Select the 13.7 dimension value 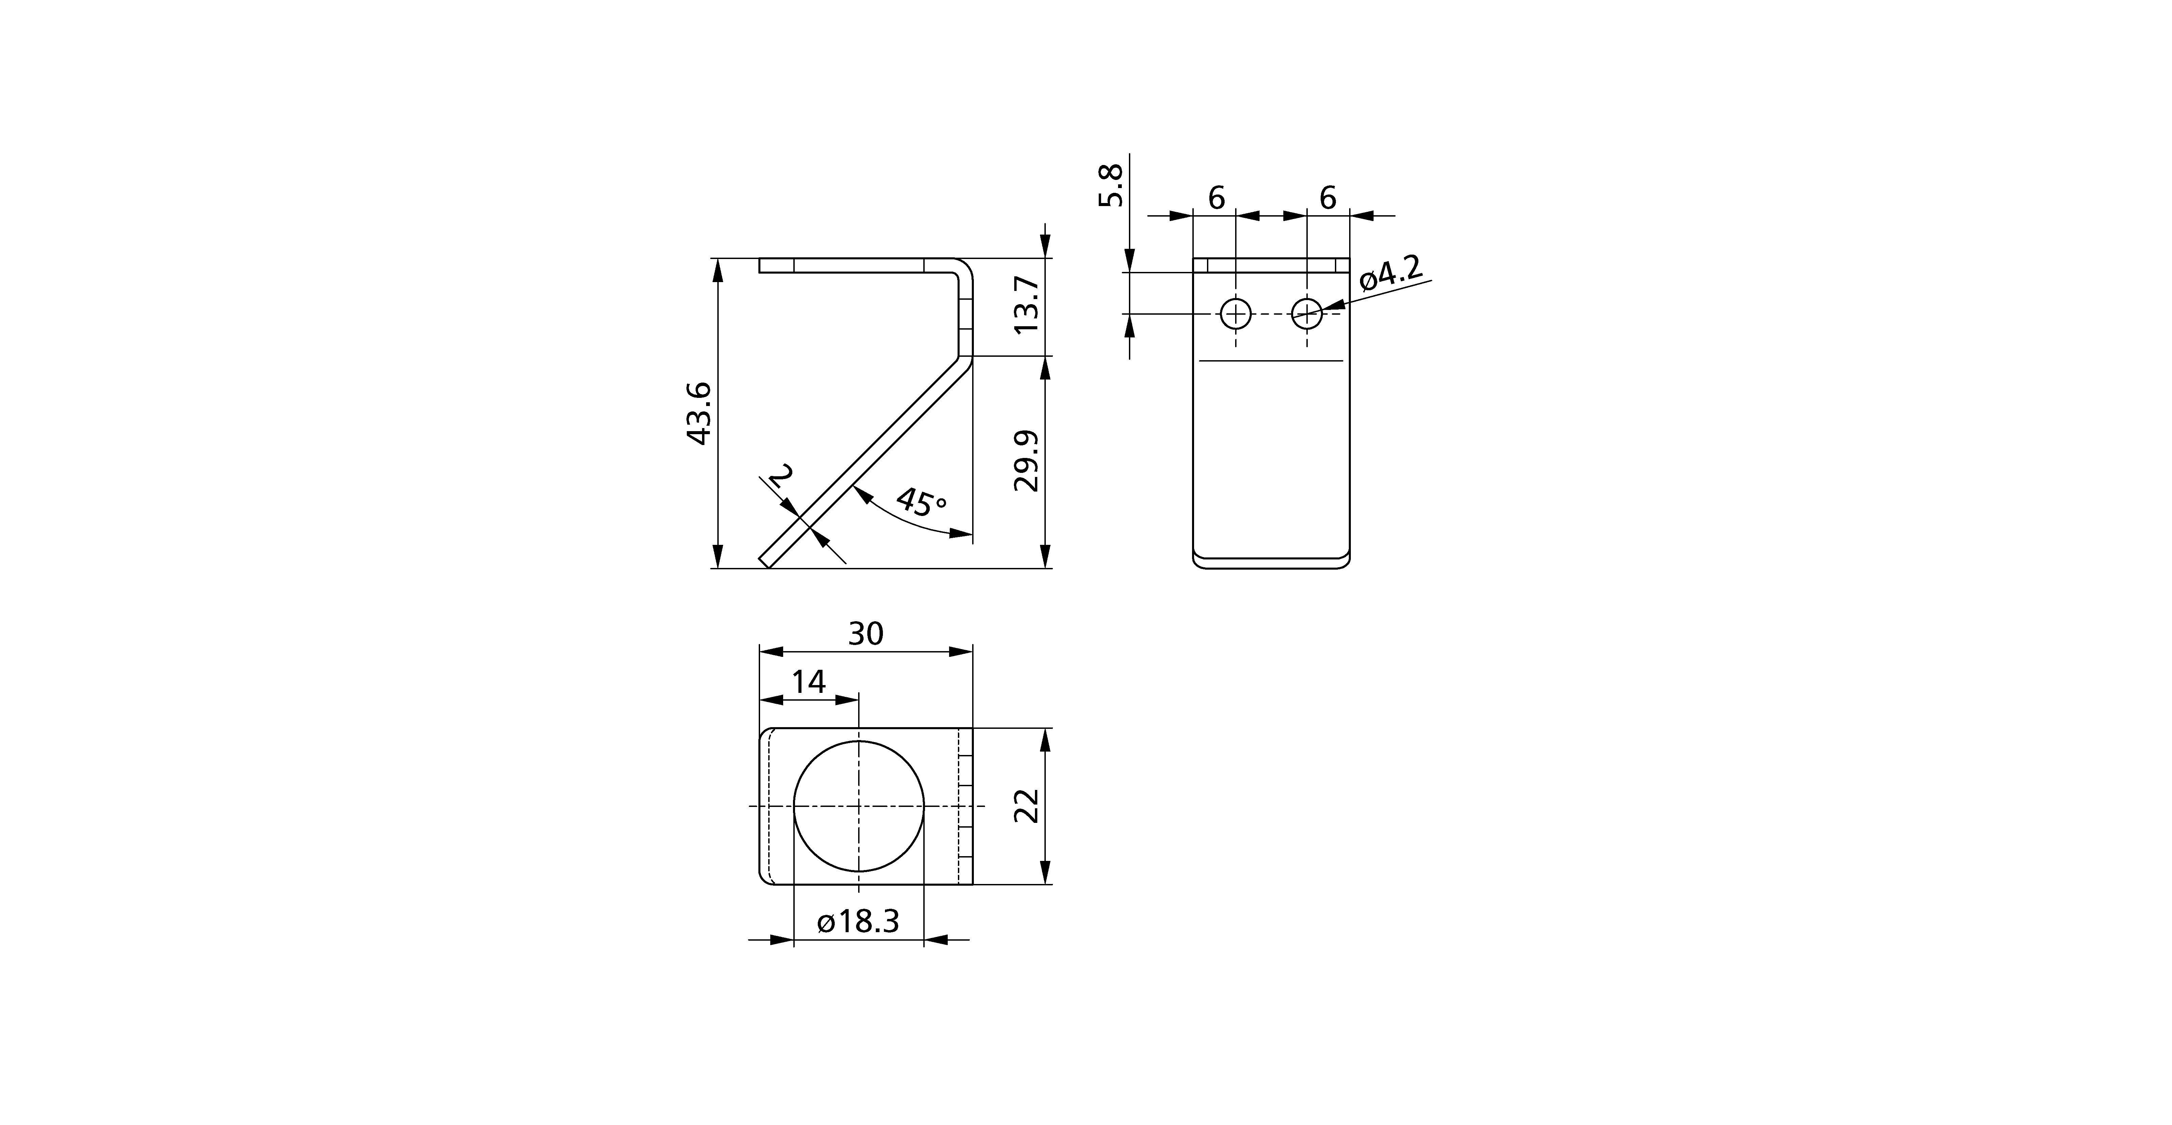[1026, 305]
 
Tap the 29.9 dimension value [1026, 461]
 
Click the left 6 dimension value [1216, 198]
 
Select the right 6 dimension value [1327, 198]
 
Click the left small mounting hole [1236, 315]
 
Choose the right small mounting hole [1307, 315]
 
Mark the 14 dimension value [809, 681]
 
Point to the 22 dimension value [1026, 806]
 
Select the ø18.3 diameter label [858, 922]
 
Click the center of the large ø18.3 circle [858, 806]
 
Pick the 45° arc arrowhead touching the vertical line [961, 533]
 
